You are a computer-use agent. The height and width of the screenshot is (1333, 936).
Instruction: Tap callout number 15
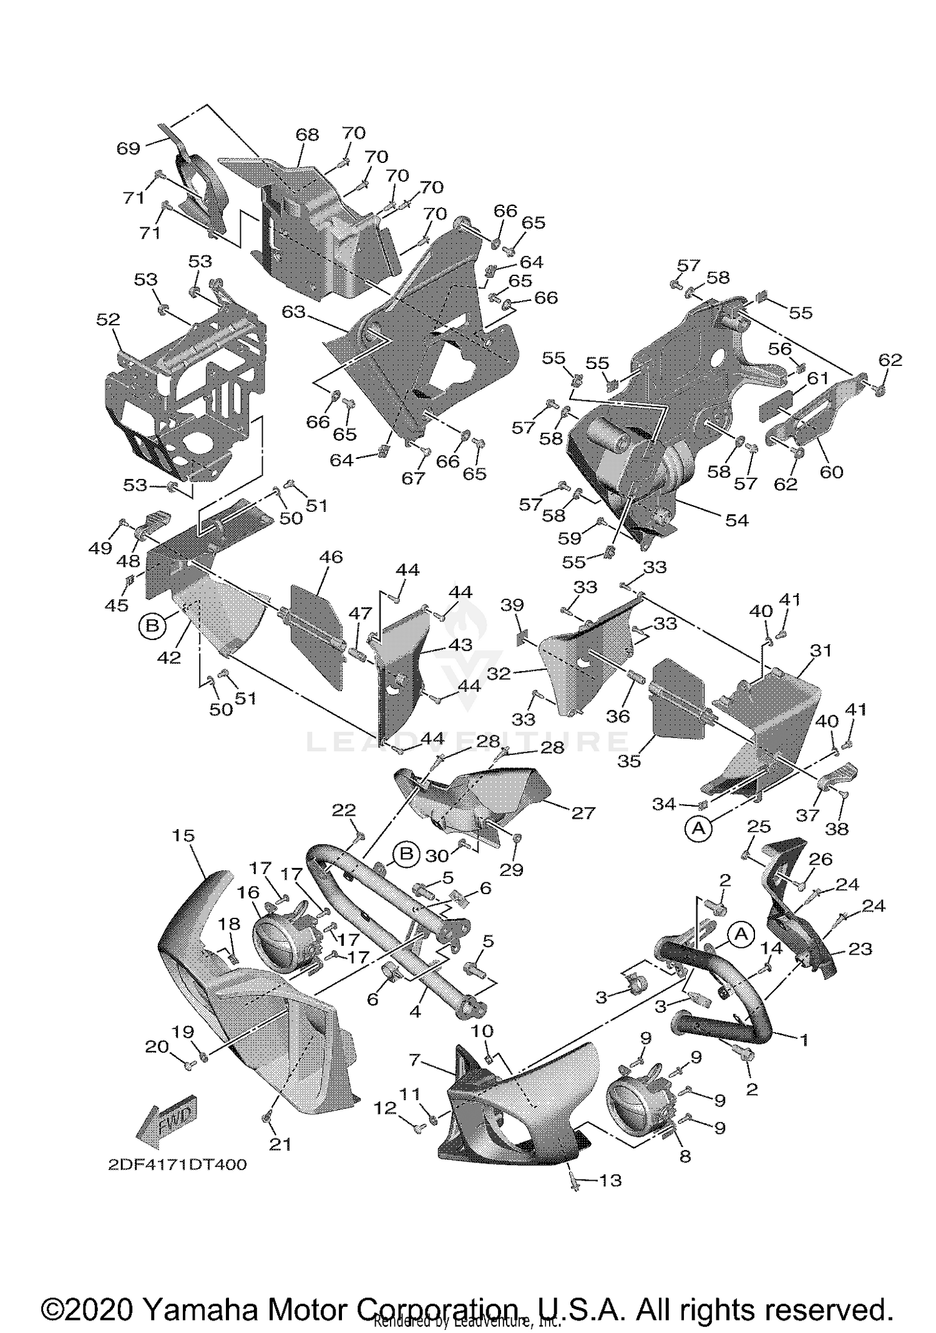coord(183,835)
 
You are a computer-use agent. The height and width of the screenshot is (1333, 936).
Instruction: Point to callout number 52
coord(108,320)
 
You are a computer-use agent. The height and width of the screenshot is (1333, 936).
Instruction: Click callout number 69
coord(129,149)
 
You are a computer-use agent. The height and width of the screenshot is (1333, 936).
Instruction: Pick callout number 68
coord(307,134)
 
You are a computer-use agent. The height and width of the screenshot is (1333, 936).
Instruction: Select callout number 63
coord(293,311)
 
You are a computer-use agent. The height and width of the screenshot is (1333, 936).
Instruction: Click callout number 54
coord(736,519)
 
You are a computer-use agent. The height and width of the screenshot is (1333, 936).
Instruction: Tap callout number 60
coord(831,472)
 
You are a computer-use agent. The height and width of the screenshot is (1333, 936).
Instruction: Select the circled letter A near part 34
coord(699,828)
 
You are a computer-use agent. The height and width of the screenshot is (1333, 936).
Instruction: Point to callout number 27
coord(583,812)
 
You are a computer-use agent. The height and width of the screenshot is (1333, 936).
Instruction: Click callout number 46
coord(331,556)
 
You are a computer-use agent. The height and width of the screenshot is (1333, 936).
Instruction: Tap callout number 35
coord(629,761)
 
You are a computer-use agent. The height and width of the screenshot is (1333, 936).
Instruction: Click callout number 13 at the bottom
coord(610,1180)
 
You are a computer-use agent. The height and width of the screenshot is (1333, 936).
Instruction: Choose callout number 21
coord(280,1144)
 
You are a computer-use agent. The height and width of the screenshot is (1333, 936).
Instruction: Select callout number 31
coord(821,651)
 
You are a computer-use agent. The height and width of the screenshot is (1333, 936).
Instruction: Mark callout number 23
coord(860,949)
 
